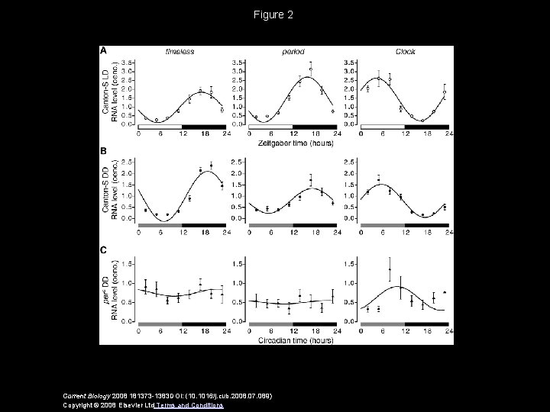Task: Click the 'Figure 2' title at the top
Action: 274,14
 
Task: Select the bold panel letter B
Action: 104,151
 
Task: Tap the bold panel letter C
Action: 104,249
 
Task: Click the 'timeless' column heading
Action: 180,51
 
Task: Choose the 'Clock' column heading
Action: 406,51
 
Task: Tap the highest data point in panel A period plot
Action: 310,69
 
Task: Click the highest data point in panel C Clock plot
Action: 390,269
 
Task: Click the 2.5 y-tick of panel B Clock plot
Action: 354,161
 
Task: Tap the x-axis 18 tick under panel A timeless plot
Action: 204,134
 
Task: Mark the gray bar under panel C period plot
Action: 271,324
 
